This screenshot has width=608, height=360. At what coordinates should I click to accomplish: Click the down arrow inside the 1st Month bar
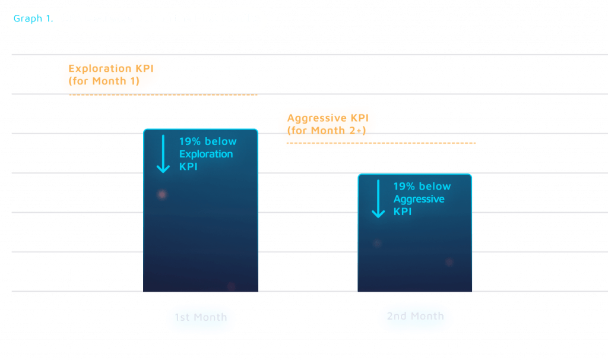163,154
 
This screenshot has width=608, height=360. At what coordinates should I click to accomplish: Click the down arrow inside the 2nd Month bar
378,200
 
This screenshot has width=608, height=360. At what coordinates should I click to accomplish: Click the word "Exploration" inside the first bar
206,154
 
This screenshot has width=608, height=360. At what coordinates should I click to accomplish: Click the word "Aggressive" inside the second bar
419,199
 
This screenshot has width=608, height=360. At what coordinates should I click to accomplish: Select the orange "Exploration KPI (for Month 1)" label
110,75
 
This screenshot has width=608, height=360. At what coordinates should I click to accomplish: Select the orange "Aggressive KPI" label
327,127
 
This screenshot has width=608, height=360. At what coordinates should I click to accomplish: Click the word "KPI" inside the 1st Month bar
188,167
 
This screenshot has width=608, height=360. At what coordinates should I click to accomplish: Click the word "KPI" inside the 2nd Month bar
402,211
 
